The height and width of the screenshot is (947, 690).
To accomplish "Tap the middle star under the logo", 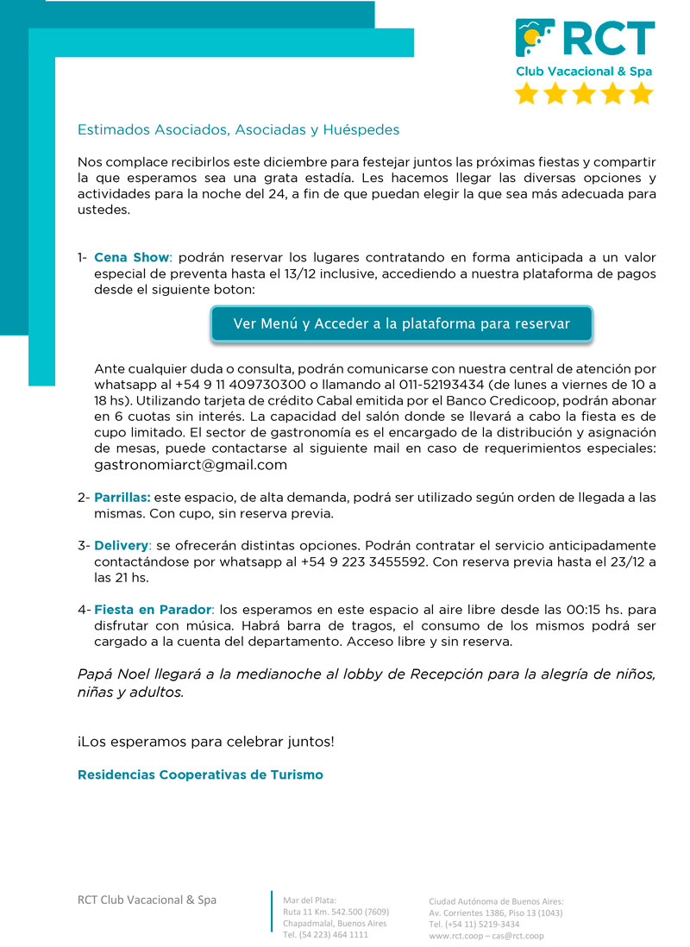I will (584, 93).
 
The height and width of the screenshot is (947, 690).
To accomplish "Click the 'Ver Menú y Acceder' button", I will (401, 323).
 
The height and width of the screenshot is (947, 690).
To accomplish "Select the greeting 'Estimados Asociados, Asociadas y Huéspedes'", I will (238, 130).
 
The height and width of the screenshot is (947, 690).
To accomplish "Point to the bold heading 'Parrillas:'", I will (122, 498).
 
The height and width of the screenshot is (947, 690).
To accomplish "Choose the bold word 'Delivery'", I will (121, 546).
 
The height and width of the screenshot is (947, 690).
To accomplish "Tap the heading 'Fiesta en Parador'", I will (153, 610).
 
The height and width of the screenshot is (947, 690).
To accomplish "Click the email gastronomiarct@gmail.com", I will (190, 465).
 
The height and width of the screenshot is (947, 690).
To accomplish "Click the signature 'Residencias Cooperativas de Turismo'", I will (200, 775).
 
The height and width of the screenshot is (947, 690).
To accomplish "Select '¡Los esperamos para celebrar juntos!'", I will (205, 741).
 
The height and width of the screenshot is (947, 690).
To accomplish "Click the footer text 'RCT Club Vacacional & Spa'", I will (147, 900).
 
